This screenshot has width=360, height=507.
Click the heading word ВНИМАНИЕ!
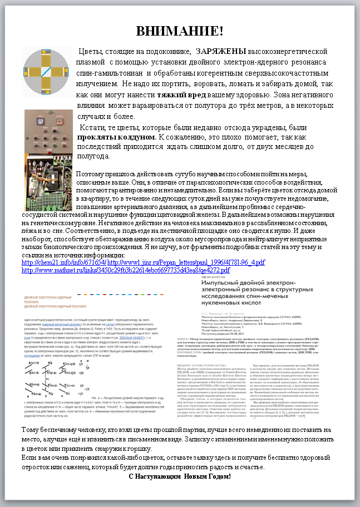(180, 31)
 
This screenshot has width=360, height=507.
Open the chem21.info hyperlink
(63, 262)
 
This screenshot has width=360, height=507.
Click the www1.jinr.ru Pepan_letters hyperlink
(186, 262)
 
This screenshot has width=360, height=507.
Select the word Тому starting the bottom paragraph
(30, 430)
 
